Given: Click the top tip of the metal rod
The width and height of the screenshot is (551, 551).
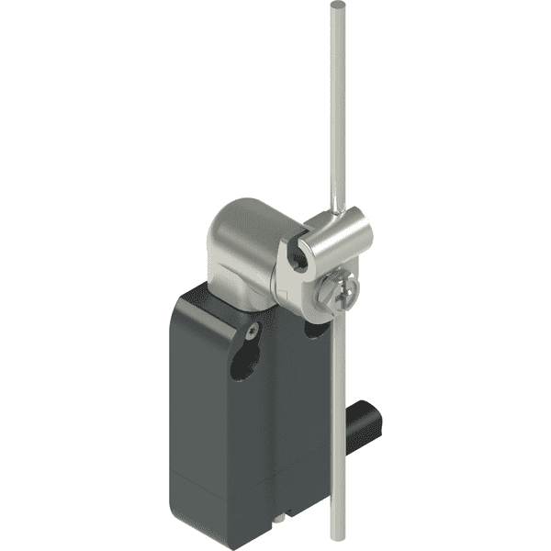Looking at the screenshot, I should pos(331,5).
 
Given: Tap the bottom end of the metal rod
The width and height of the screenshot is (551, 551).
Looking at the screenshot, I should pos(327,535).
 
